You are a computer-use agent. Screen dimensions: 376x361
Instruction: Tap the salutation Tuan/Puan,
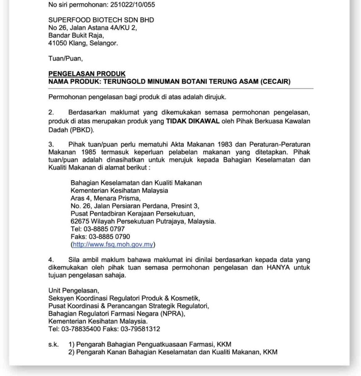point(63,58)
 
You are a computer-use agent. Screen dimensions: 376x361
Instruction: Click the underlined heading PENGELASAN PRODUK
point(87,74)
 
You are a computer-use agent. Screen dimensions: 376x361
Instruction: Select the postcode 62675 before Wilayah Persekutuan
point(79,221)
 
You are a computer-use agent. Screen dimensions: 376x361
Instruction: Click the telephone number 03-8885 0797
point(104,229)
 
